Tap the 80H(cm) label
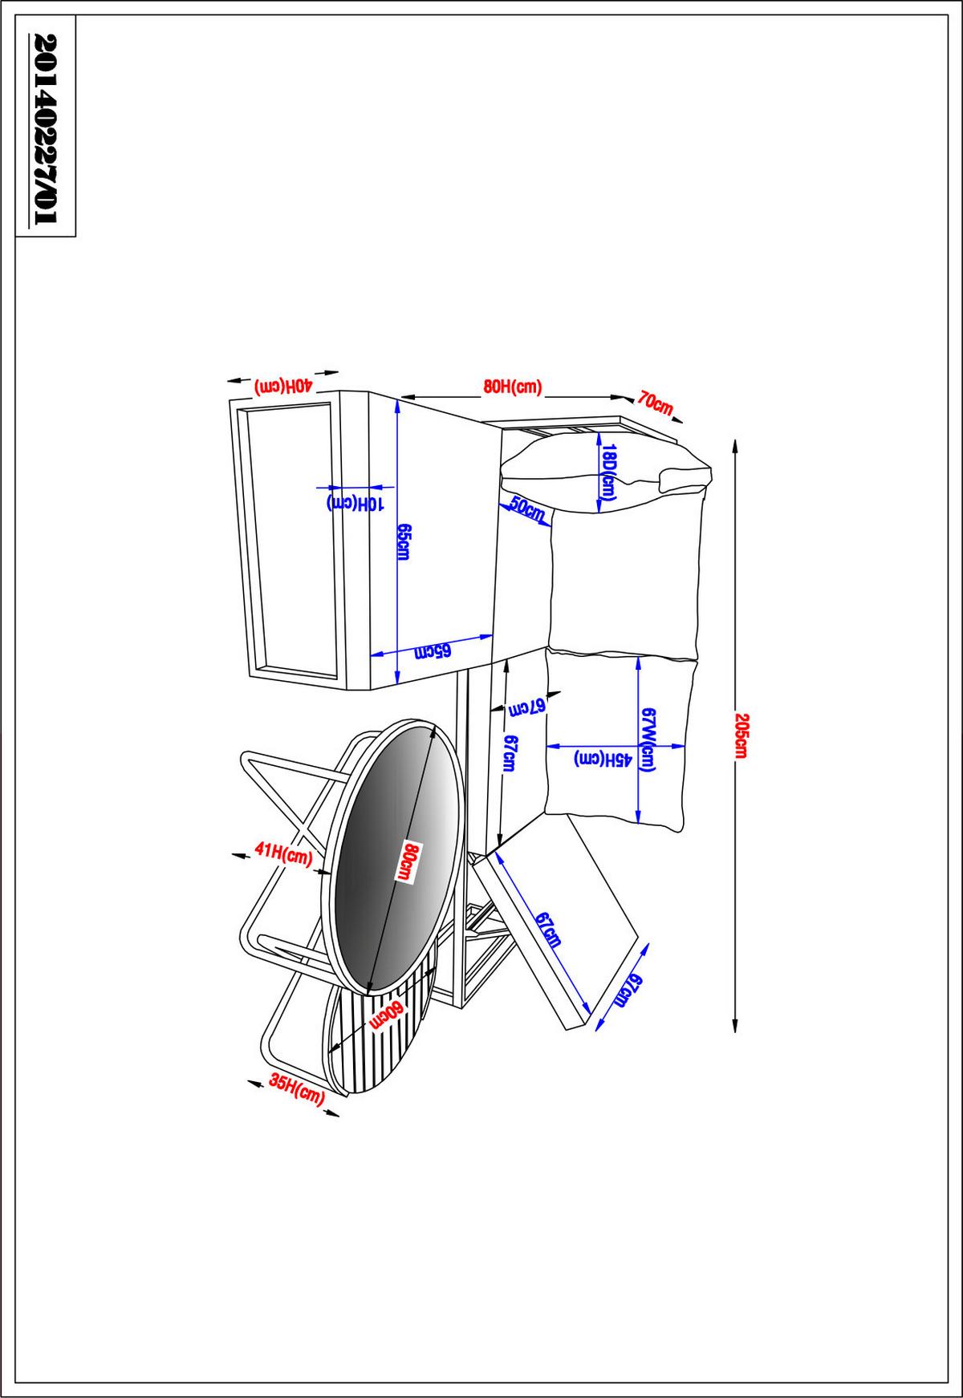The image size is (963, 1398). (x=513, y=387)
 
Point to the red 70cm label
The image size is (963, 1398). (x=655, y=403)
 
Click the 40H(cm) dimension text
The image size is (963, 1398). (x=282, y=385)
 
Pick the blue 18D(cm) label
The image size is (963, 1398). (x=608, y=473)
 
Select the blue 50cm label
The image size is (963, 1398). (x=526, y=509)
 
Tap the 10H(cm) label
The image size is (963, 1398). (x=356, y=503)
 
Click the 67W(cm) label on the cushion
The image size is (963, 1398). (x=649, y=740)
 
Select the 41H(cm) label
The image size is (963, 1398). (x=282, y=853)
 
